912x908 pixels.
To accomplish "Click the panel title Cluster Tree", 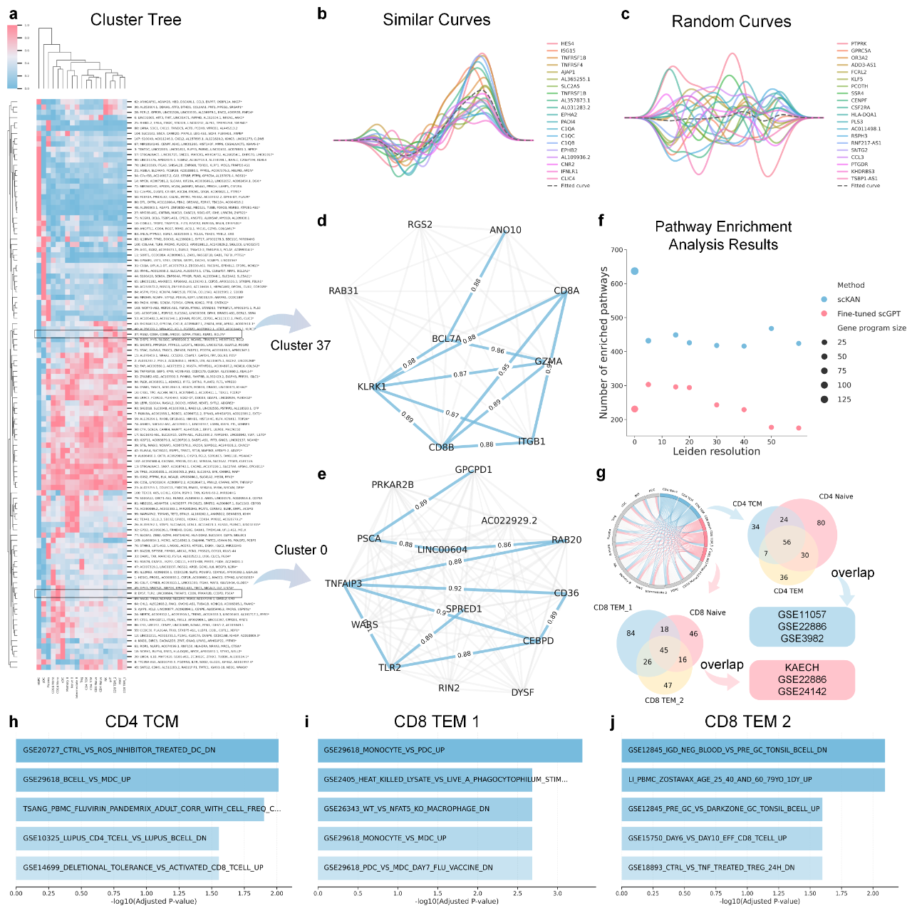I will pyautogui.click(x=135, y=20).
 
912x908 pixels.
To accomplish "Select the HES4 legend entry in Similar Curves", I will pyautogui.click(x=567, y=44).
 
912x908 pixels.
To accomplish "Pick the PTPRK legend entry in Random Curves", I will pyautogui.click(x=859, y=44).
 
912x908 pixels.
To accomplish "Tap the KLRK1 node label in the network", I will pyautogui.click(x=371, y=387).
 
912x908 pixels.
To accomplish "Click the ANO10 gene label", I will pyautogui.click(x=505, y=230).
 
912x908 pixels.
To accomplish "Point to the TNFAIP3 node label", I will pyautogui.click(x=343, y=584).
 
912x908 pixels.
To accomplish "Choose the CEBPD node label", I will pyautogui.click(x=538, y=641).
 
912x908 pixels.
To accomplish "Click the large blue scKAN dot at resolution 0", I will pyautogui.click(x=635, y=271).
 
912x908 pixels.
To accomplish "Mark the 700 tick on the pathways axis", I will pyautogui.click(x=616, y=251).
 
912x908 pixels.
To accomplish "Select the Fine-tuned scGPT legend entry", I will pyautogui.click(x=869, y=314).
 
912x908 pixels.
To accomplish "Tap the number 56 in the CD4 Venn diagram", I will pyautogui.click(x=787, y=543).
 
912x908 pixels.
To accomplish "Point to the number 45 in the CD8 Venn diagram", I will pyautogui.click(x=663, y=650).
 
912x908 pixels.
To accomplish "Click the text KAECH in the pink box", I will pyautogui.click(x=802, y=668).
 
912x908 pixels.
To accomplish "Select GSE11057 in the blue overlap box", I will pyautogui.click(x=802, y=615).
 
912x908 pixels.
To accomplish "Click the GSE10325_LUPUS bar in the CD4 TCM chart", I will pyautogui.click(x=118, y=838).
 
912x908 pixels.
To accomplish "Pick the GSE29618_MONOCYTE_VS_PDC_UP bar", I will pyautogui.click(x=450, y=751).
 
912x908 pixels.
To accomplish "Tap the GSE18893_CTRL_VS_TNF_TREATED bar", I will pyautogui.click(x=722, y=868).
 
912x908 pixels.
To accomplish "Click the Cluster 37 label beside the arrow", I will pyautogui.click(x=301, y=345).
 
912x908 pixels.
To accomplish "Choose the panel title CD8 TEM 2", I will pyautogui.click(x=747, y=722).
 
